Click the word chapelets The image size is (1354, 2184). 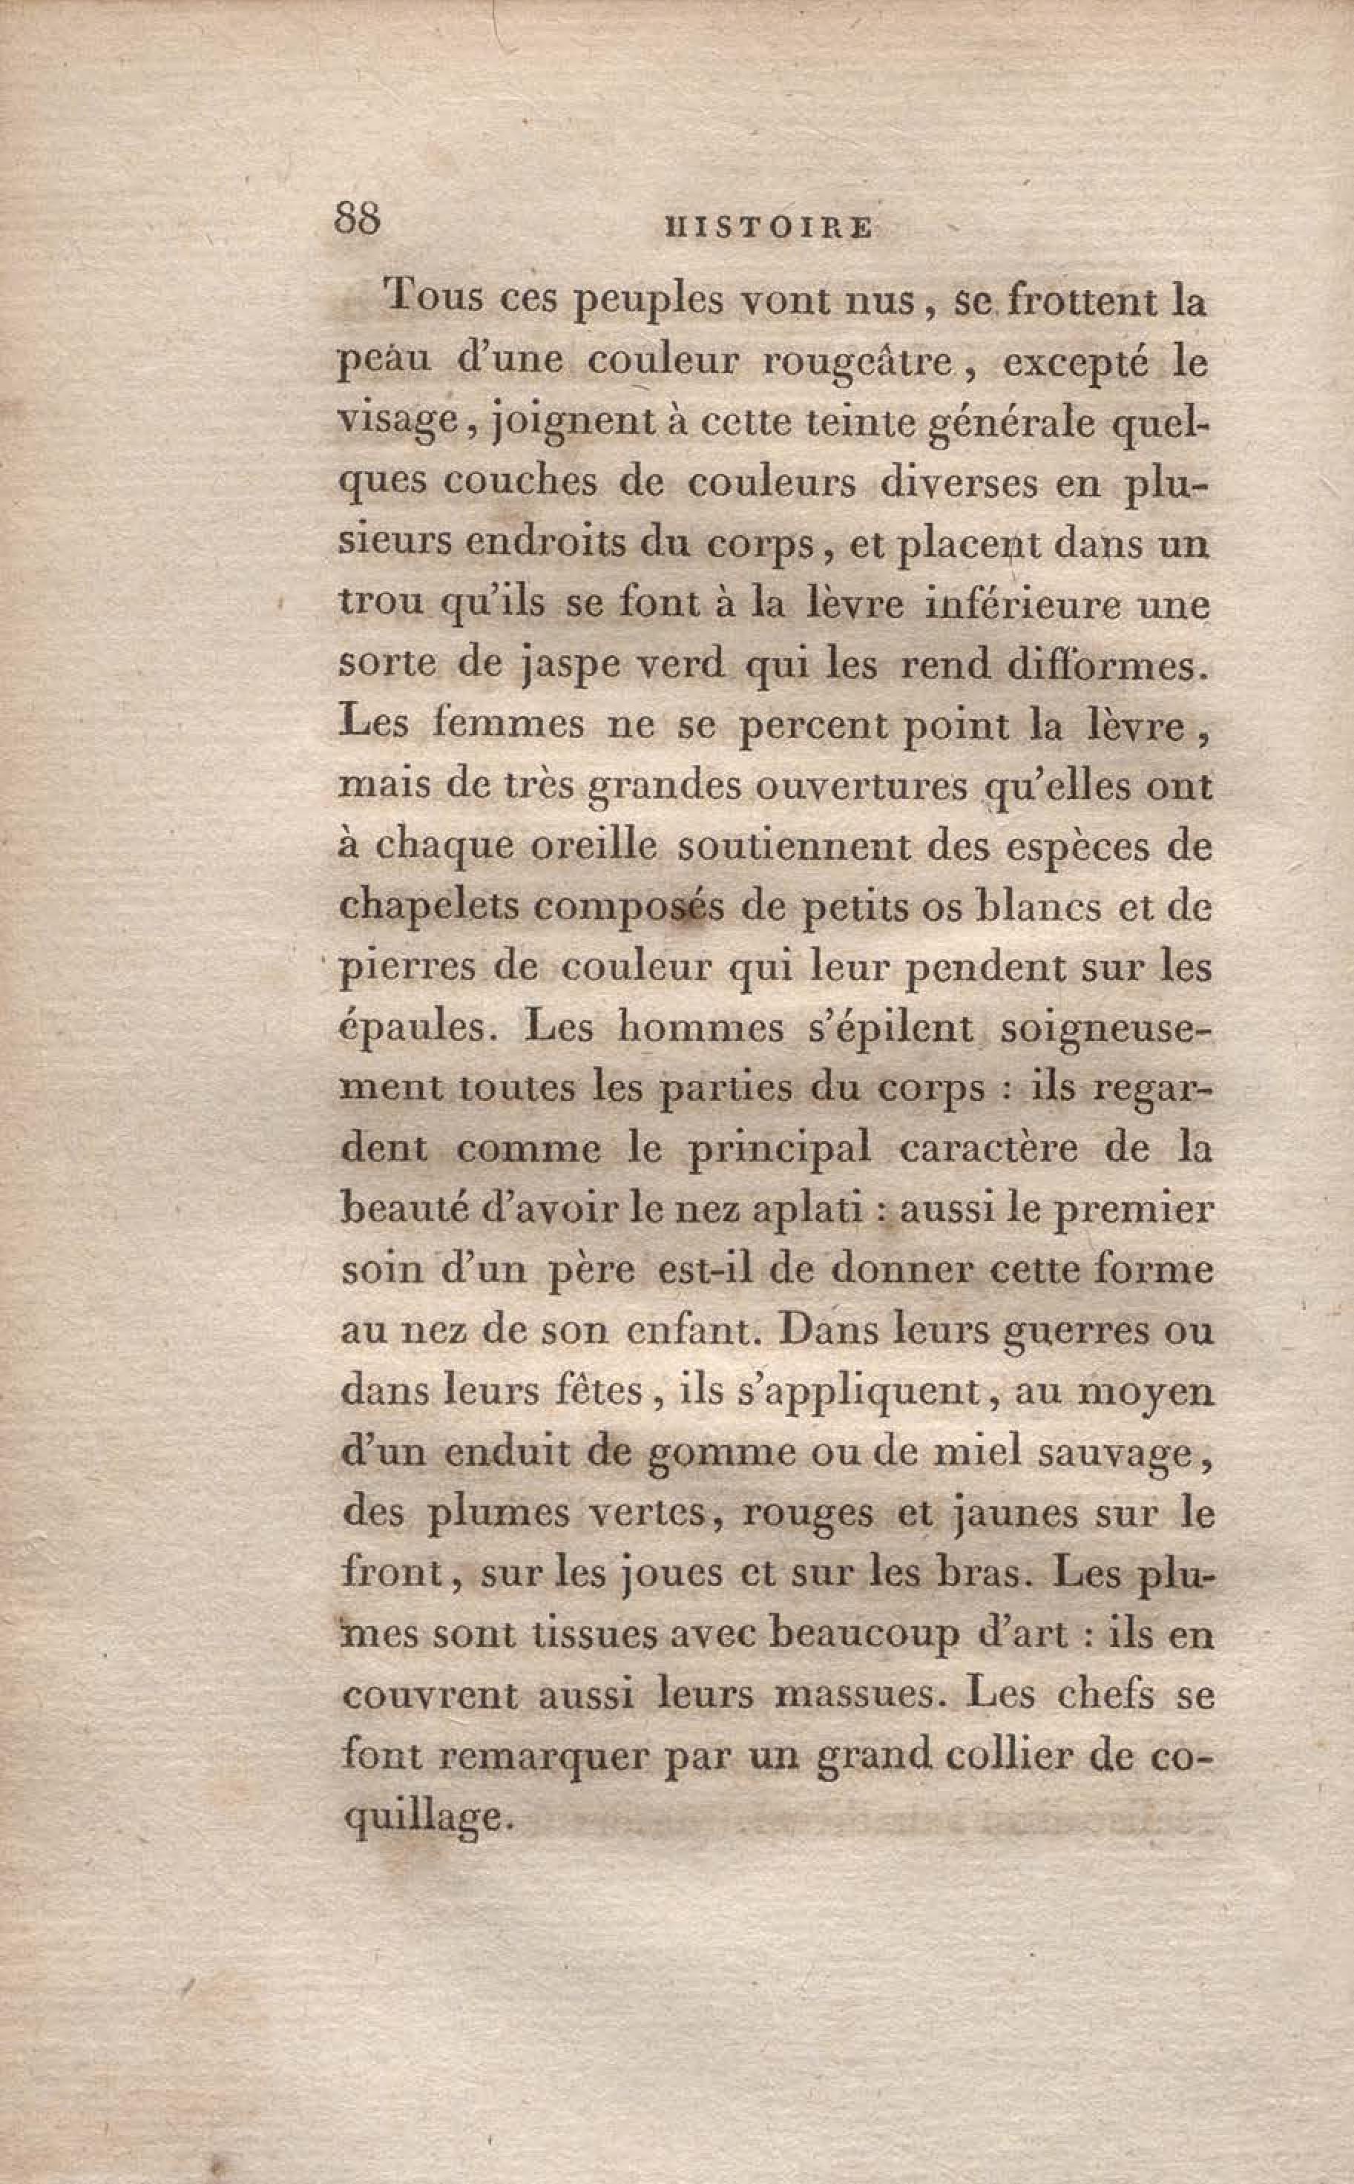pyautogui.click(x=429, y=907)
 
